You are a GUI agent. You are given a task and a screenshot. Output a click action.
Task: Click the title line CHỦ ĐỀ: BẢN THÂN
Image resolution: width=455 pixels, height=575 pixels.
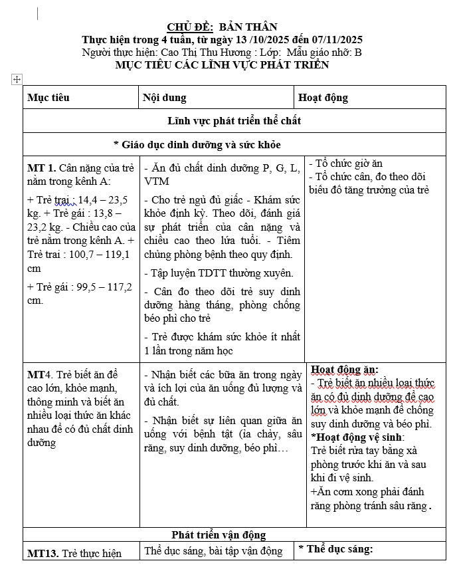coord(222,27)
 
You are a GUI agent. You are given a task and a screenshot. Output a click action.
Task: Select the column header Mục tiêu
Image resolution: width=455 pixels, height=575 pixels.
coord(48,98)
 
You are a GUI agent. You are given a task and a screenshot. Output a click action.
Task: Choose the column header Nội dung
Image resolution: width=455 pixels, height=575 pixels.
coord(165,98)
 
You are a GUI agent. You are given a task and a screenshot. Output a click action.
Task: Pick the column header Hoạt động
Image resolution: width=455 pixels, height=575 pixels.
coord(323,98)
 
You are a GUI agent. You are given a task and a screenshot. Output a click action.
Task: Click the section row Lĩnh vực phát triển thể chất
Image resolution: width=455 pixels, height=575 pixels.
coord(234,121)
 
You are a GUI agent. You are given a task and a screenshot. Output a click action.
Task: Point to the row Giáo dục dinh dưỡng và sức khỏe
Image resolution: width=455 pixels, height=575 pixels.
coord(197,144)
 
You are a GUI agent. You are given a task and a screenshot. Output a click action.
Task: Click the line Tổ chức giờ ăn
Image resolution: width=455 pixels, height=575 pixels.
coord(349,164)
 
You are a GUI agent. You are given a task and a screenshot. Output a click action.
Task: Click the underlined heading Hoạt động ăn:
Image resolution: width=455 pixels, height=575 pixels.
coord(344,370)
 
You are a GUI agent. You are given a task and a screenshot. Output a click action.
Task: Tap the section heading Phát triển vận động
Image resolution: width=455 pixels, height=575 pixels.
coord(219,534)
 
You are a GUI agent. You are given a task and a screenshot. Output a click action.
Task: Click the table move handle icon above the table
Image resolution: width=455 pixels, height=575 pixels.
coord(17,80)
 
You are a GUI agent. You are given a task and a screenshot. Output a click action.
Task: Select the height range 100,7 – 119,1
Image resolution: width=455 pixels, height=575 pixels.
coord(96,254)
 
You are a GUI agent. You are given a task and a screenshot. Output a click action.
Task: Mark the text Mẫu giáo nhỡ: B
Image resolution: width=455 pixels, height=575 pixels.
coord(329,52)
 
